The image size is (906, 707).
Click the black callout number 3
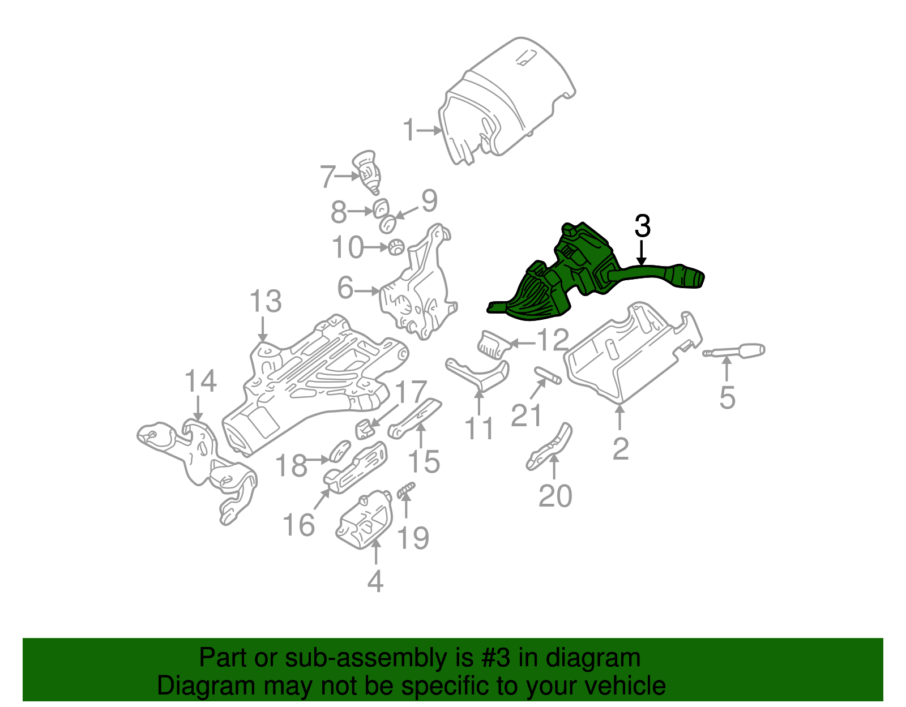[642, 226]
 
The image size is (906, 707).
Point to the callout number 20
[555, 496]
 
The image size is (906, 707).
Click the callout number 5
[727, 397]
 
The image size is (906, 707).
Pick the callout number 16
[298, 525]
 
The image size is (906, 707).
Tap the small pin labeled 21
[548, 375]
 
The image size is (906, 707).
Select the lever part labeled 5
[736, 352]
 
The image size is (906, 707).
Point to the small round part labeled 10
[396, 247]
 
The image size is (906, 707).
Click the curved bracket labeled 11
[478, 374]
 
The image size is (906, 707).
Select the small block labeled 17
[365, 429]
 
